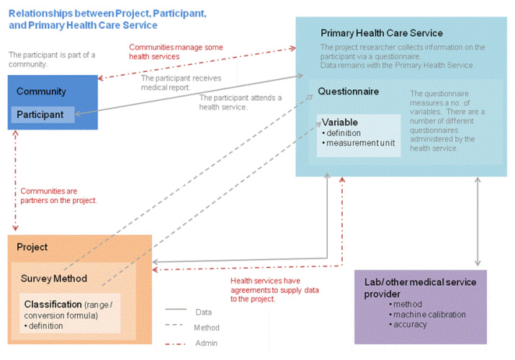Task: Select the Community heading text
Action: (x=41, y=91)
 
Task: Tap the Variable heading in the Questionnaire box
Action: (x=340, y=122)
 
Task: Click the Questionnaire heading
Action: (x=349, y=91)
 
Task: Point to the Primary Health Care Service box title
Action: (x=382, y=33)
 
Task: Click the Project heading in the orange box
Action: (x=32, y=247)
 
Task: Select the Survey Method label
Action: (x=54, y=279)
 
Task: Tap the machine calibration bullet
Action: (x=430, y=314)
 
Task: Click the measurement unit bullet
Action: (x=361, y=143)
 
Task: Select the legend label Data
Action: (x=204, y=312)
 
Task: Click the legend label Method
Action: (x=207, y=328)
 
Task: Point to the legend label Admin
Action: (x=206, y=343)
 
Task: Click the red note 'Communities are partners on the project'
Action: (x=58, y=195)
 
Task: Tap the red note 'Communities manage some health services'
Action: (x=176, y=51)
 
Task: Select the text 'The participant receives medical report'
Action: (x=181, y=82)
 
